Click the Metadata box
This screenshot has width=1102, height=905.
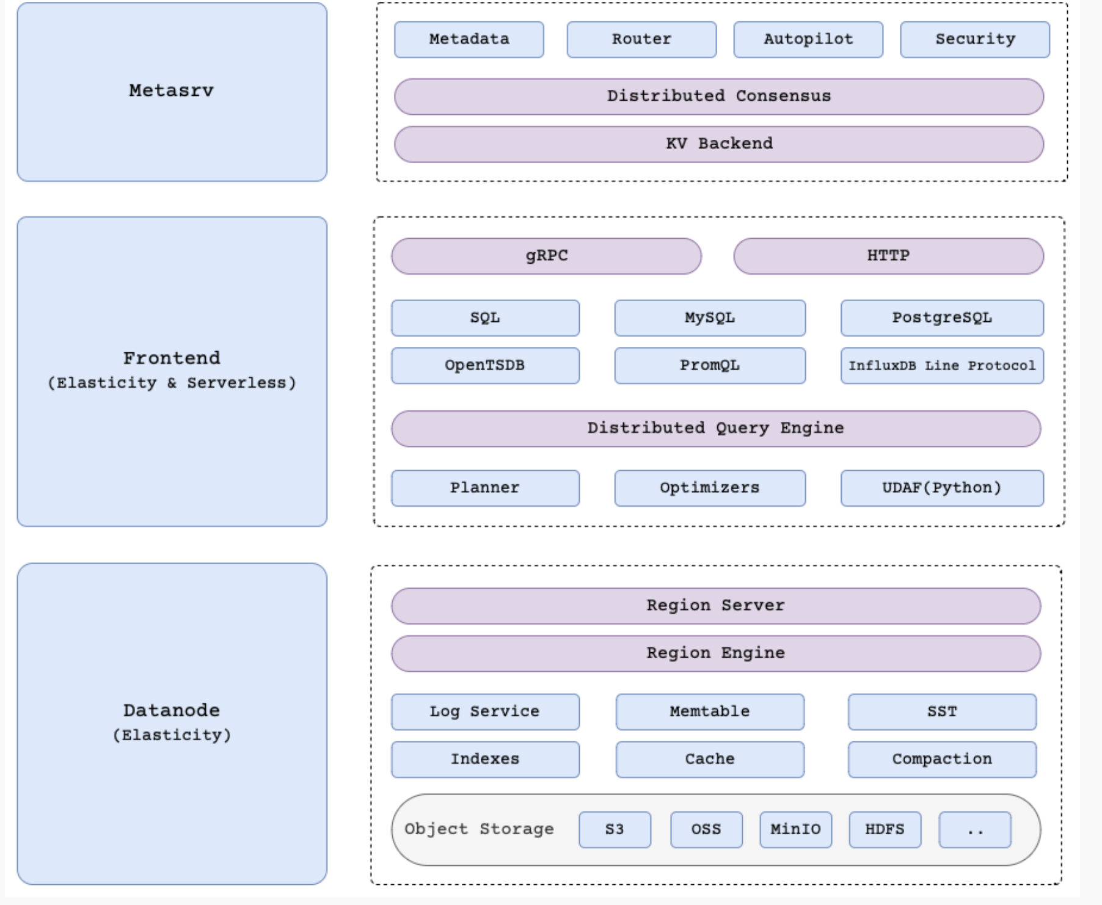tap(469, 40)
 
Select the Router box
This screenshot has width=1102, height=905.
tap(641, 40)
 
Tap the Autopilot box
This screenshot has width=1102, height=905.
tap(808, 40)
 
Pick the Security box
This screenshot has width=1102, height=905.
tap(974, 40)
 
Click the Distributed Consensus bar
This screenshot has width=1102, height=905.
tap(718, 96)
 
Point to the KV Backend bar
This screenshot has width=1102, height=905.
tap(718, 144)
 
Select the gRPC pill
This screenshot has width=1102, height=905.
tap(546, 256)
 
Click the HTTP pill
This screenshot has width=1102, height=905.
tap(888, 256)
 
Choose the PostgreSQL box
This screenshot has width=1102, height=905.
tap(941, 318)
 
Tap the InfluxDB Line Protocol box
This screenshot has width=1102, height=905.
tap(941, 366)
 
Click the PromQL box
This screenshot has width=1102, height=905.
tap(709, 366)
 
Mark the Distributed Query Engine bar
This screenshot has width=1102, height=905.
tap(715, 429)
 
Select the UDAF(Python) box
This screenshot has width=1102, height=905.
tap(941, 488)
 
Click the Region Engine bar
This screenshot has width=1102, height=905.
tap(715, 653)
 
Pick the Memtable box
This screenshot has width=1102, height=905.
tap(709, 711)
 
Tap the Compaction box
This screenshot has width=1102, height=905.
tap(941, 759)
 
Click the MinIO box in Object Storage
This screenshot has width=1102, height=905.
tap(795, 829)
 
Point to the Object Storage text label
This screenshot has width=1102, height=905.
tap(479, 829)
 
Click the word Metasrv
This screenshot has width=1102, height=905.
tap(172, 91)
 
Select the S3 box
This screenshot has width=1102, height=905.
tap(615, 829)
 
